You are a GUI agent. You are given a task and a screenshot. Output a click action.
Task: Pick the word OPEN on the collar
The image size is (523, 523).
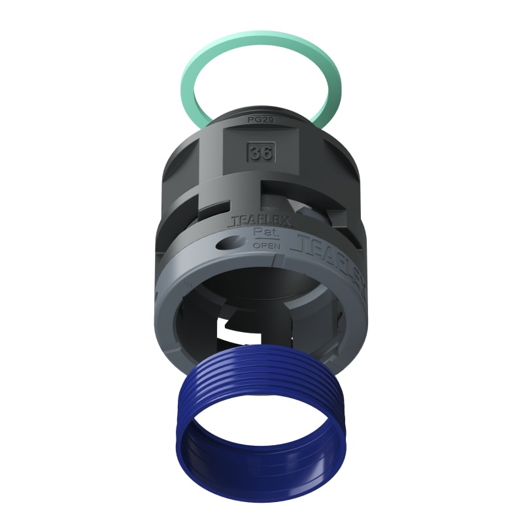266,246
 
